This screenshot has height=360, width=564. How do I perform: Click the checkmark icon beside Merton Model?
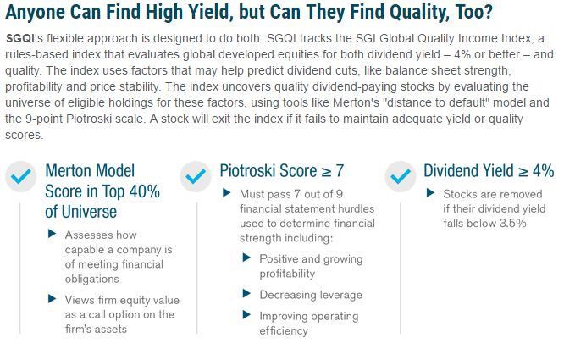pyautogui.click(x=21, y=176)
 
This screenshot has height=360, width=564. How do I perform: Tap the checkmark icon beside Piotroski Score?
pyautogui.click(x=196, y=176)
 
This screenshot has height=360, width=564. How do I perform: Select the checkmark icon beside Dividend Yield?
pyautogui.click(x=401, y=176)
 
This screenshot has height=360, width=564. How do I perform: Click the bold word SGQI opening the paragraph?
pyautogui.click(x=20, y=38)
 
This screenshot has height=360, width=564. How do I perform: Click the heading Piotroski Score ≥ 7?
pyautogui.click(x=282, y=171)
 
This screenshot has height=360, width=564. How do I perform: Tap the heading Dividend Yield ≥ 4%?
pyautogui.click(x=489, y=171)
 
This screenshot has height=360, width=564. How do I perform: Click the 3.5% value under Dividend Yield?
pyautogui.click(x=512, y=224)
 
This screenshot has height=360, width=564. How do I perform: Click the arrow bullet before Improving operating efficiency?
pyautogui.click(x=246, y=315)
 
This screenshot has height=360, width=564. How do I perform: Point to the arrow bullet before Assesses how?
pyautogui.click(x=53, y=234)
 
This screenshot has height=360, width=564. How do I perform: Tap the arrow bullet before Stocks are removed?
pyautogui.click(x=430, y=193)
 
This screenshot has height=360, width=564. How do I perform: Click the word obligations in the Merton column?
pyautogui.click(x=91, y=279)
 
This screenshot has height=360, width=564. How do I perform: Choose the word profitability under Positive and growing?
pyautogui.click(x=287, y=274)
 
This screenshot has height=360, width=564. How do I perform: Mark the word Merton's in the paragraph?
pyautogui.click(x=356, y=102)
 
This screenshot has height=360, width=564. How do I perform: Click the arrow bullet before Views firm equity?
pyautogui.click(x=53, y=299)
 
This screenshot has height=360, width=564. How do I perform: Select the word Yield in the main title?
pyautogui.click(x=207, y=12)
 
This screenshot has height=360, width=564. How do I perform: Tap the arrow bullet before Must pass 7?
pyautogui.click(x=227, y=193)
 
